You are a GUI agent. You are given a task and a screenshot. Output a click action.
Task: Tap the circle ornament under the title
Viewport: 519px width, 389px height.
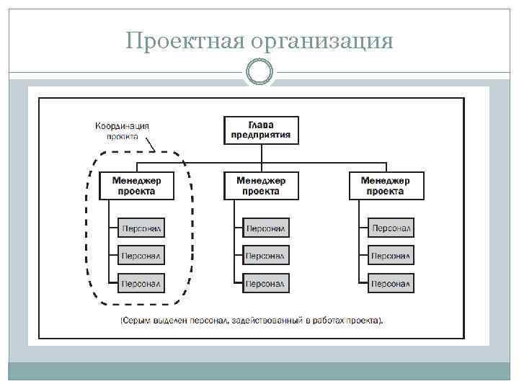pyautogui.click(x=259, y=72)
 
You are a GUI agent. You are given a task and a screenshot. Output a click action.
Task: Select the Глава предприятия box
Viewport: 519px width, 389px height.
pyautogui.click(x=261, y=130)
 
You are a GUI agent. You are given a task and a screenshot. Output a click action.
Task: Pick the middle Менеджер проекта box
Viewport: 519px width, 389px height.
pyautogui.click(x=261, y=186)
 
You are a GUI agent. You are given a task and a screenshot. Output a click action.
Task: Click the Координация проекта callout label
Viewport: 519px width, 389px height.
pyautogui.click(x=123, y=130)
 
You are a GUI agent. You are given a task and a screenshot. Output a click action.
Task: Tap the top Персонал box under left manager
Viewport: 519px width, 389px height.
pyautogui.click(x=141, y=228)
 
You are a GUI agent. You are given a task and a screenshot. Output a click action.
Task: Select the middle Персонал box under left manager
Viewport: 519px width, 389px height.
pyautogui.click(x=141, y=255)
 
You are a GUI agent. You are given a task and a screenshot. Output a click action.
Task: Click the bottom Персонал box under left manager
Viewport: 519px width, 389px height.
pyautogui.click(x=141, y=282)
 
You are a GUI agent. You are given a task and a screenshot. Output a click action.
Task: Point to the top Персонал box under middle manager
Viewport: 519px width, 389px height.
pyautogui.click(x=266, y=228)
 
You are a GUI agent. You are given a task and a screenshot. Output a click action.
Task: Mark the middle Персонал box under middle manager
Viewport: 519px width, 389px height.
pyautogui.click(x=266, y=255)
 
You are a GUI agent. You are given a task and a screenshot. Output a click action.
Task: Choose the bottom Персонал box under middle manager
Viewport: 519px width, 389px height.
pyautogui.click(x=266, y=282)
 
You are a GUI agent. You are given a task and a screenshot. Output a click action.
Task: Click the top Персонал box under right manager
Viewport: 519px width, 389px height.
pyautogui.click(x=391, y=228)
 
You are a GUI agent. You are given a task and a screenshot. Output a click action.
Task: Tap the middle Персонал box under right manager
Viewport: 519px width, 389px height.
pyautogui.click(x=391, y=255)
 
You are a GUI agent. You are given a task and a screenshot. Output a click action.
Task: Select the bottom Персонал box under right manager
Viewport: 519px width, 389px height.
pyautogui.click(x=391, y=282)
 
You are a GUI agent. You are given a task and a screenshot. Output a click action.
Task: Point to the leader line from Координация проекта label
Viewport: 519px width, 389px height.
pyautogui.click(x=150, y=145)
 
